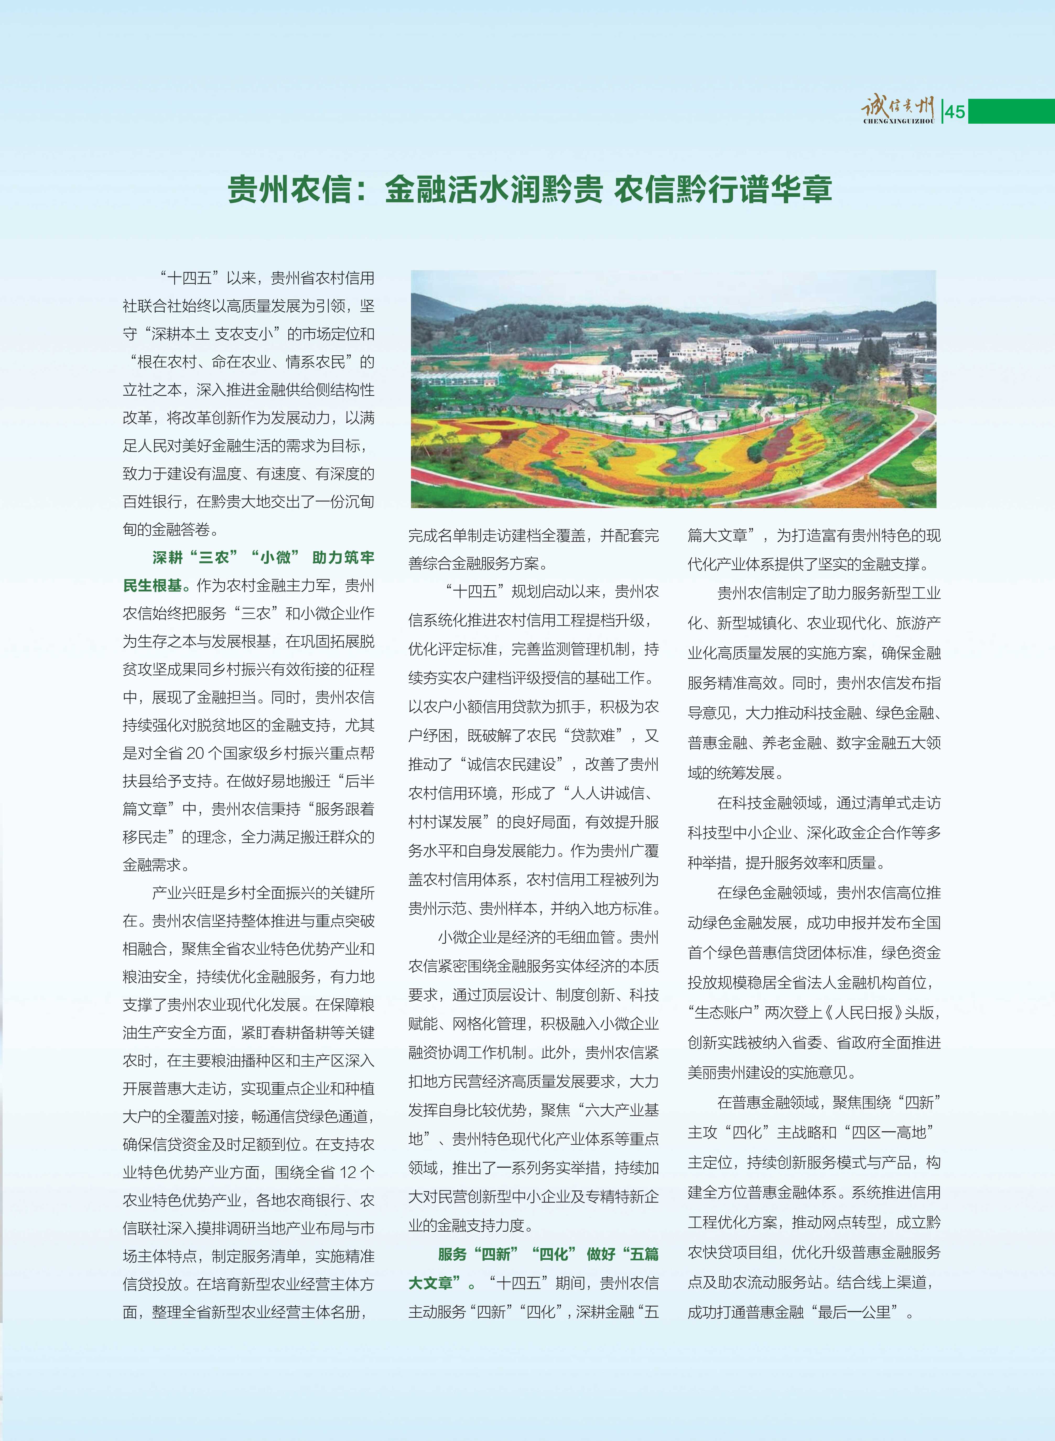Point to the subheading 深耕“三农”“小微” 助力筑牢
click(263, 557)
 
